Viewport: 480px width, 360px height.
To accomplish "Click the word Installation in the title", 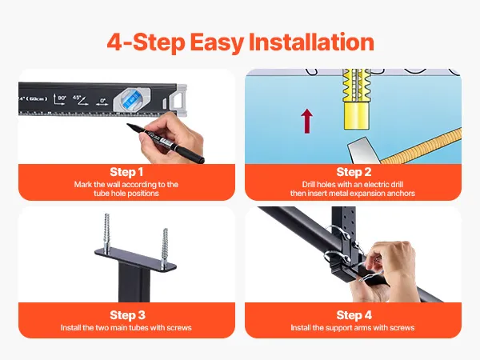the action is click(311, 42).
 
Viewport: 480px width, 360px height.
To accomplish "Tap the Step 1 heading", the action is click(126, 172).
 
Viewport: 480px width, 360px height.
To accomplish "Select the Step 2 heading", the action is click(354, 172).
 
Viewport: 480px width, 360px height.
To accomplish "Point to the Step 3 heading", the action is click(127, 315).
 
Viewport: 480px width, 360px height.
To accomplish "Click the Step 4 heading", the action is click(354, 315).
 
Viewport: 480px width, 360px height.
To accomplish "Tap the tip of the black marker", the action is click(128, 125).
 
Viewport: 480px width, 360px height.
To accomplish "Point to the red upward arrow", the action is click(306, 122).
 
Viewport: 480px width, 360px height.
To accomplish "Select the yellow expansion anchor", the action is click(356, 99).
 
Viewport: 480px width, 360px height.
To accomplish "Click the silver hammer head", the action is click(363, 150).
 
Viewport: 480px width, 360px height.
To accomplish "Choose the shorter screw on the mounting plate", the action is click(165, 249).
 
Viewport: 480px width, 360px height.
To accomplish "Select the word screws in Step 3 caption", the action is click(179, 328).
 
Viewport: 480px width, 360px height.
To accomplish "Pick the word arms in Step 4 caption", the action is click(362, 328).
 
